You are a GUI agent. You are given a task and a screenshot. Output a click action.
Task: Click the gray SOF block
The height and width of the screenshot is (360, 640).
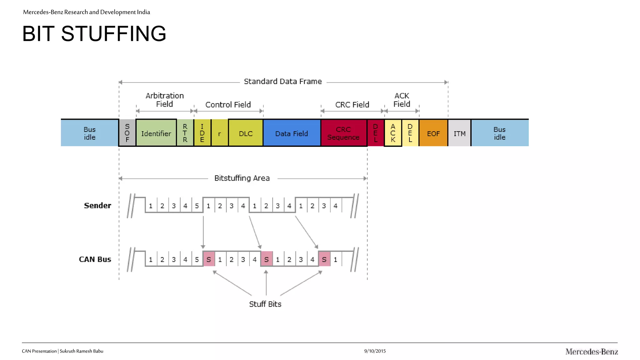coord(127,133)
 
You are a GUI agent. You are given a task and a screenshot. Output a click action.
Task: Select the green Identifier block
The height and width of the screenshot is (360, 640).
coord(156,133)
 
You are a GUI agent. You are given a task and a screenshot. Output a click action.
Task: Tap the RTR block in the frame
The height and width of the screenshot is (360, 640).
coord(185,133)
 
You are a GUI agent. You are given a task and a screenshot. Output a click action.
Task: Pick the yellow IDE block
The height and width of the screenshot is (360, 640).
coord(202,133)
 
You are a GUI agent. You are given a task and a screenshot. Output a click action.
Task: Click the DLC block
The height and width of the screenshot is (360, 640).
coord(246,133)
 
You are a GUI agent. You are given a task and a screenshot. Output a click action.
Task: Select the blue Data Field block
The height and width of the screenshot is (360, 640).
coord(292,133)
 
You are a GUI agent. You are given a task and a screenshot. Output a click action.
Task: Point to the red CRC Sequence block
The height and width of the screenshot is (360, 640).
coord(343,133)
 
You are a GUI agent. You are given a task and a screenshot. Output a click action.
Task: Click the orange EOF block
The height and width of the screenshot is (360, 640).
coord(433,133)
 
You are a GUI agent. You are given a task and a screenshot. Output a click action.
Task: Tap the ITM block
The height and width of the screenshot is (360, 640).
coord(459,133)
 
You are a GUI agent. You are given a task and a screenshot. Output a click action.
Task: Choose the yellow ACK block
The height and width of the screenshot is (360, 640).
coord(393,133)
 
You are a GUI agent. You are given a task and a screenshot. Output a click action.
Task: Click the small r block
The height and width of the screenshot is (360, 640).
coord(219,133)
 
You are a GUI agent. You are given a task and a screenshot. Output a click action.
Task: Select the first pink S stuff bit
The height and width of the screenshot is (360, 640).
coord(209,259)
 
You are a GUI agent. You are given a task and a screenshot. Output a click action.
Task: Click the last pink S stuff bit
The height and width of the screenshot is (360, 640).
coord(324,259)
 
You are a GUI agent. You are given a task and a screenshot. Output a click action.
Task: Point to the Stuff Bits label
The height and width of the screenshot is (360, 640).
coord(265,304)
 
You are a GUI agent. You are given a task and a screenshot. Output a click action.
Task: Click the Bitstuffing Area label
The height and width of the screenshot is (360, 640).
coord(242,178)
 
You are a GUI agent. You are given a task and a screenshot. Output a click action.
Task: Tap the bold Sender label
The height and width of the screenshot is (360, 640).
coord(97,205)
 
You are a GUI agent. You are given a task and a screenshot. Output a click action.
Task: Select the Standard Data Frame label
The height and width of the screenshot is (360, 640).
coord(282,82)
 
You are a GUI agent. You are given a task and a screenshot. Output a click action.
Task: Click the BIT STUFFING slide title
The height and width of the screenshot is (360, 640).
coord(94,34)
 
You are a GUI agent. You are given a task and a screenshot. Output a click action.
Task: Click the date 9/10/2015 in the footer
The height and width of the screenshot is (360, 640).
coord(375,351)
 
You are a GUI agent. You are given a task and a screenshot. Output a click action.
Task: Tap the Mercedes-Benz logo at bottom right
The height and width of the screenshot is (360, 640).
coord(591,352)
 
